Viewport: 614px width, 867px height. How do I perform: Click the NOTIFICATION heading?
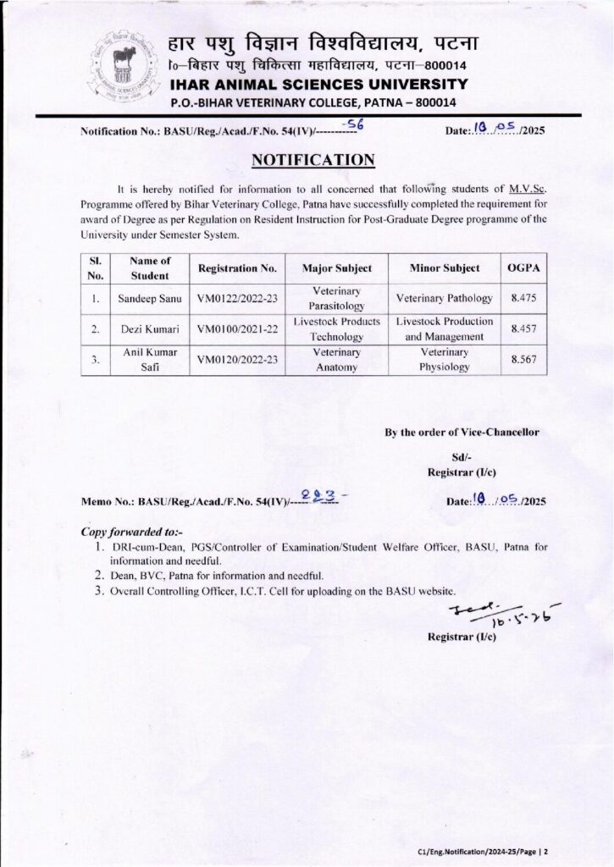[313, 161]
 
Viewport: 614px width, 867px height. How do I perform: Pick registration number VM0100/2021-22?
[237, 329]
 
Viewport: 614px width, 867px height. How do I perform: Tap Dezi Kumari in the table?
[144, 329]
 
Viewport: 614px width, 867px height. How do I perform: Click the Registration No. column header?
[237, 268]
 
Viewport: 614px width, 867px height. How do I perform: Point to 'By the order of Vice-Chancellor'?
[462, 433]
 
